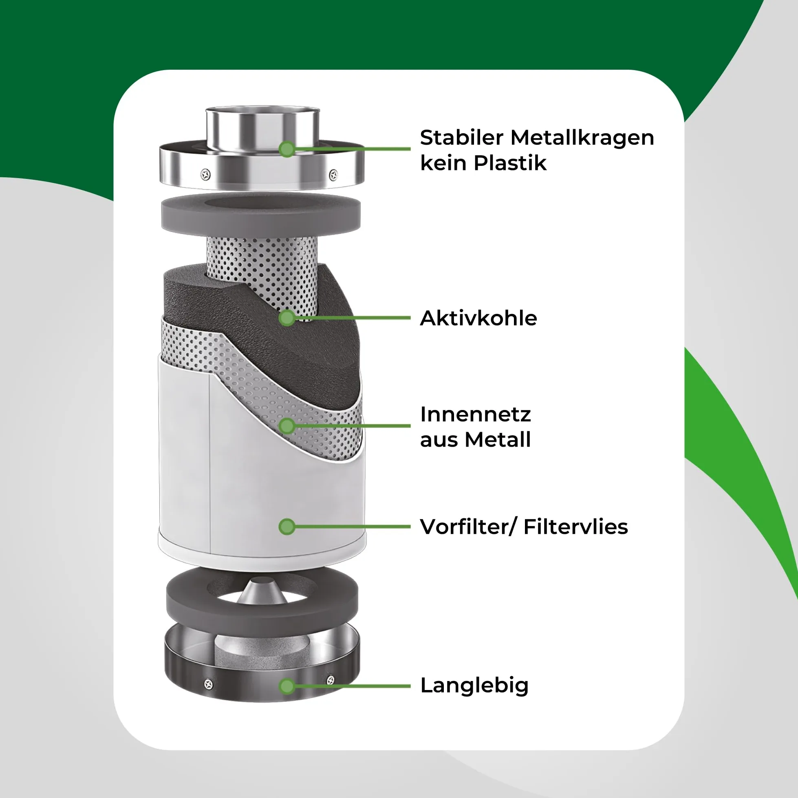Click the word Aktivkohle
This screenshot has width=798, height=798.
[478, 318]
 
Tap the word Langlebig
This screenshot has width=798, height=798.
[474, 686]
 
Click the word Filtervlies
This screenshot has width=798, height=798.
[576, 527]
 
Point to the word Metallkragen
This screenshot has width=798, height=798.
[582, 138]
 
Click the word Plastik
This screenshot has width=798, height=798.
[510, 163]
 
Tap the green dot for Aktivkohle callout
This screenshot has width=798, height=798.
[287, 317]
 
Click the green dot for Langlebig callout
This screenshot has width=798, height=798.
[287, 686]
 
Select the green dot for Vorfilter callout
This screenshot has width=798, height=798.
[287, 527]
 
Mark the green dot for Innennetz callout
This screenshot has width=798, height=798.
[287, 426]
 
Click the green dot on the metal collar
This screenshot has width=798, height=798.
[287, 149]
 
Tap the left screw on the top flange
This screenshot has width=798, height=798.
[205, 175]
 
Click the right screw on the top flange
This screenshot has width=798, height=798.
[333, 175]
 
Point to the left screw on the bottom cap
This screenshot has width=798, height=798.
[209, 684]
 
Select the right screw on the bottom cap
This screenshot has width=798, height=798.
[331, 680]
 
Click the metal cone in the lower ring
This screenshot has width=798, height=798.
[262, 592]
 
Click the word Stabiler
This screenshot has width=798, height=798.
[461, 138]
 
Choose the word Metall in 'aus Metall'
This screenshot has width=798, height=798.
[497, 439]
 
